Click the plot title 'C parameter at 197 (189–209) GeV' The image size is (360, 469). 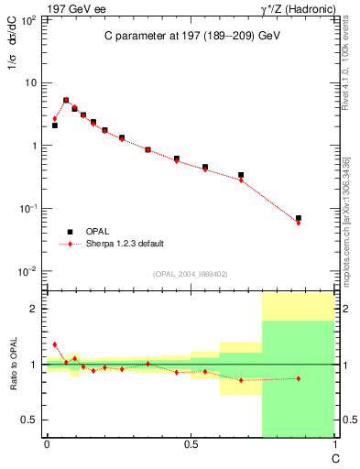[191, 36]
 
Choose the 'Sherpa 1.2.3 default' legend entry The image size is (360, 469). [125, 244]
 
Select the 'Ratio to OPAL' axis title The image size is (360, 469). [13, 365]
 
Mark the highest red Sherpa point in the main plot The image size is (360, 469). [66, 101]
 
